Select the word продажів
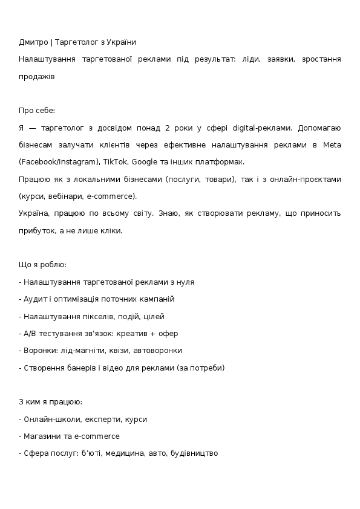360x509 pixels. coord(37,77)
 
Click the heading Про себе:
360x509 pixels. coord(37,111)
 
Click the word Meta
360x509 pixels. coord(332,145)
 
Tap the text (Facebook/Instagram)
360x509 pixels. coord(58,162)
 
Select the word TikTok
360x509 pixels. coord(115,162)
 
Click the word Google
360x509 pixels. coord(144,162)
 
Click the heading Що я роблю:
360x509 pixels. coord(43,265)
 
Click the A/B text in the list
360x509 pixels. coord(30,333)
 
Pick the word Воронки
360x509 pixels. coord(38,350)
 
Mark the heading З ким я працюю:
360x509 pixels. coord(51,401)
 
